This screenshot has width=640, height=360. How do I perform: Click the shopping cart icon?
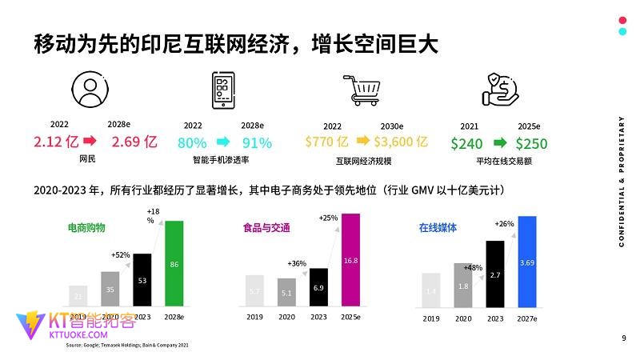coord(360,90)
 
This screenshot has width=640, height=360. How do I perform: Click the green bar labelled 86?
coord(174,263)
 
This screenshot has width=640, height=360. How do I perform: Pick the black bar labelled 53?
coord(142,279)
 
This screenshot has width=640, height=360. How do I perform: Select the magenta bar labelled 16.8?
coord(350,259)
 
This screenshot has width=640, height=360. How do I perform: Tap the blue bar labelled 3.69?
coord(526,262)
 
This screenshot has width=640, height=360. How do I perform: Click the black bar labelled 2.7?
coord(495,274)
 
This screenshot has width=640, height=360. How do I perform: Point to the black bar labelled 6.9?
coord(318,286)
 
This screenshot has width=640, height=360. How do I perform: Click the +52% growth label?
coord(120,254)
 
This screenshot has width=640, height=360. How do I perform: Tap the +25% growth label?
coord(328,218)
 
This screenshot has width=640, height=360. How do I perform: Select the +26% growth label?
coord(504,223)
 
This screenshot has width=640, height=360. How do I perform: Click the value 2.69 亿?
coord(134,142)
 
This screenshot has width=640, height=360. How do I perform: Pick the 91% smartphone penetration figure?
coord(257,143)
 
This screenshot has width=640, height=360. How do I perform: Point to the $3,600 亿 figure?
coord(401,142)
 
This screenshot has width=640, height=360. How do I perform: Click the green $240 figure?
coord(466,144)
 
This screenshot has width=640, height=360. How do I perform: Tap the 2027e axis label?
coord(526,318)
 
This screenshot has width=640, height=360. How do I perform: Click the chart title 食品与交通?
coord(266,228)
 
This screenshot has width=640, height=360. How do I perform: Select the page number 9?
coord(623,338)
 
